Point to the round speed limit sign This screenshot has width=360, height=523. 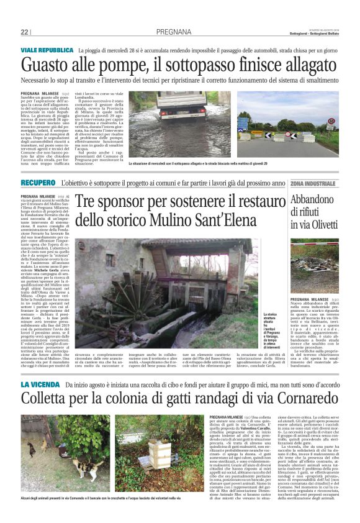pyautogui.click(x=331, y=121)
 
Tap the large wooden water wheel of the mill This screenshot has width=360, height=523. pyautogui.click(x=186, y=273)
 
